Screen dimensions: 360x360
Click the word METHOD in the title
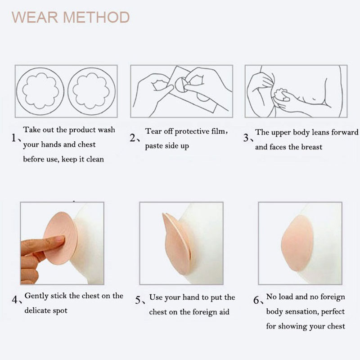[96, 17]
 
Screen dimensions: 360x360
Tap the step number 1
[14, 138]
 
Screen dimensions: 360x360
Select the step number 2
[133, 138]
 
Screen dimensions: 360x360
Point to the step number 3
[246, 138]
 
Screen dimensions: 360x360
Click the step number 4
[15, 300]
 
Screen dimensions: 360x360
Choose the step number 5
[138, 300]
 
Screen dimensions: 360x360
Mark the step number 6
[256, 300]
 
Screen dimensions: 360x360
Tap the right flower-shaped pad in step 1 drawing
[91, 91]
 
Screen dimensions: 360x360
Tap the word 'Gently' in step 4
[36, 296]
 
